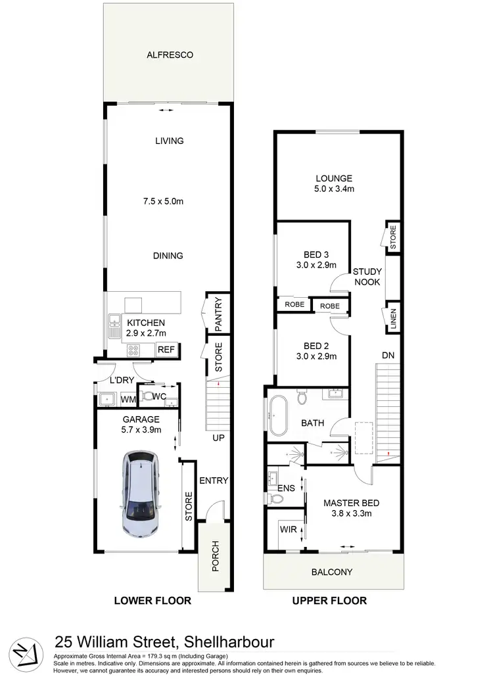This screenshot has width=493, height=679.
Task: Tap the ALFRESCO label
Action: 169,55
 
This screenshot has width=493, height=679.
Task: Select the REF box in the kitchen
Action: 166,350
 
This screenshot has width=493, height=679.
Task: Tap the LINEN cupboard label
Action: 393,319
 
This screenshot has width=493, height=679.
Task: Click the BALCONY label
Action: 332,572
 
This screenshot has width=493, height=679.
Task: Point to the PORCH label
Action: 214,557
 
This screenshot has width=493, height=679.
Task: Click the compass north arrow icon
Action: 24,648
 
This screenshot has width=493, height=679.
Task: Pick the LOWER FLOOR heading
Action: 153,600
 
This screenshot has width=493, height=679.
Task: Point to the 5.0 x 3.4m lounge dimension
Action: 334,189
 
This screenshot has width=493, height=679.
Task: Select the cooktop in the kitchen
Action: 133,350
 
